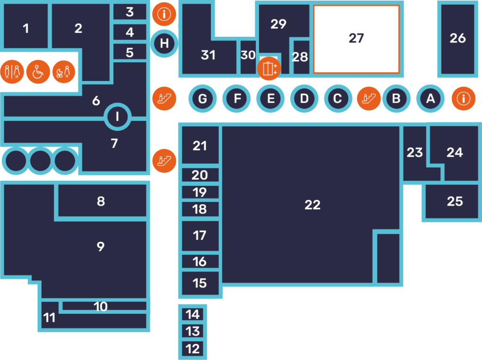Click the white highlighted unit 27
tap(356, 39)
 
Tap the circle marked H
tap(164, 44)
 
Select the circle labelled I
tap(117, 116)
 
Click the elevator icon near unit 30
tap(269, 69)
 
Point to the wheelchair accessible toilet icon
tap(38, 72)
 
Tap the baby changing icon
tap(64, 72)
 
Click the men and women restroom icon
tap(12, 72)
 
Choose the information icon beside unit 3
tap(164, 14)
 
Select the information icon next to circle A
tap(464, 98)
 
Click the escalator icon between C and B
tap(369, 98)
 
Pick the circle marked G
tap(202, 99)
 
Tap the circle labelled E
tap(271, 99)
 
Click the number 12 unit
tap(193, 349)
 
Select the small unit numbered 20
tap(200, 175)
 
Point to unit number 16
tap(200, 261)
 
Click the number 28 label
tap(300, 57)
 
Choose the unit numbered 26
tap(458, 39)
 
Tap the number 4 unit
tap(130, 32)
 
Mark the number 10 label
tap(100, 307)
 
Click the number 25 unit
tap(455, 201)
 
